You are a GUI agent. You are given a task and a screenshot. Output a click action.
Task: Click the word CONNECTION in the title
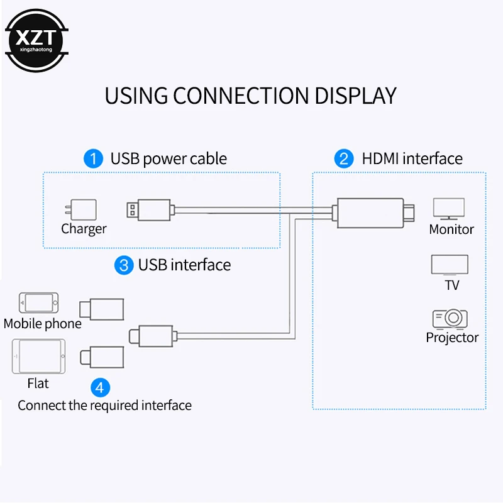(241, 96)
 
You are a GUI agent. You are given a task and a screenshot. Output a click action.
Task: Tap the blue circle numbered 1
(93, 158)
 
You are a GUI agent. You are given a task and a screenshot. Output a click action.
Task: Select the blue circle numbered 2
(344, 158)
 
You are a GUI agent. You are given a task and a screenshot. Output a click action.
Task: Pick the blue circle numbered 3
(123, 265)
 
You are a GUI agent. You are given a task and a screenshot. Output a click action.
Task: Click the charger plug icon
(82, 210)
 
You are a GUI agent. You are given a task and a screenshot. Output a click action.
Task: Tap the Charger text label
(84, 229)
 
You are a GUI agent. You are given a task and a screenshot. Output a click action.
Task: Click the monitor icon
(449, 208)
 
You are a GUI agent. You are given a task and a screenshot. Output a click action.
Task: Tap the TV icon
(450, 265)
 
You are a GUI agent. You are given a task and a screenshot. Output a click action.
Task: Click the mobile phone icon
(39, 302)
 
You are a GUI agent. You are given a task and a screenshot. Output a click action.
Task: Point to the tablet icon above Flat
(38, 357)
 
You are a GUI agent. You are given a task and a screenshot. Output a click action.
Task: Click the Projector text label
(452, 338)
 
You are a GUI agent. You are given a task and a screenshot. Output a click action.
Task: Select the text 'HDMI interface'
(412, 158)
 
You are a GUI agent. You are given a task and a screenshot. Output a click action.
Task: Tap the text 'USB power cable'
(169, 158)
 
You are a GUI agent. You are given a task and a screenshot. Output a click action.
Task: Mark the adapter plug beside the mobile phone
(101, 308)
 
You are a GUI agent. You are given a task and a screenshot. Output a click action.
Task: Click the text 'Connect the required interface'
(104, 406)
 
